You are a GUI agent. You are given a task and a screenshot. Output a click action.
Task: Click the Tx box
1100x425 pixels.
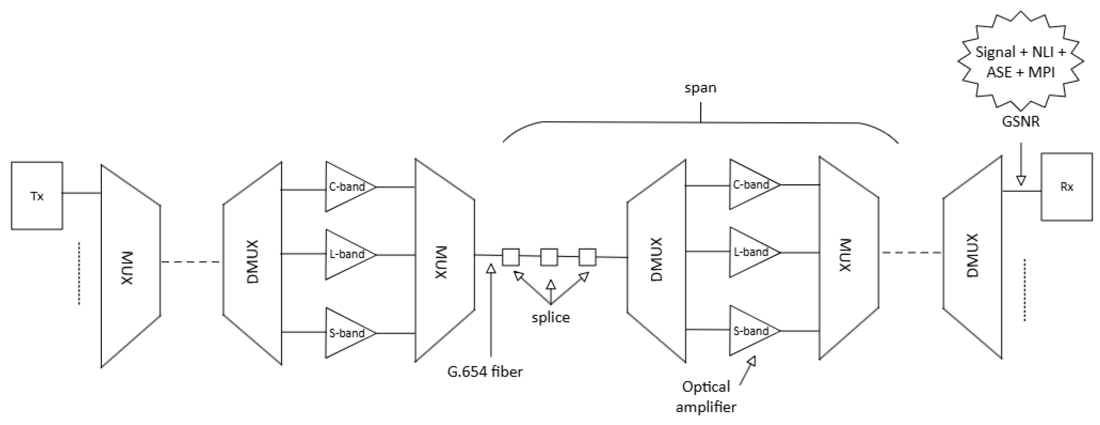pyautogui.click(x=37, y=196)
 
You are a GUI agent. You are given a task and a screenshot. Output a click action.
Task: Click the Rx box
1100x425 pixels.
pyautogui.click(x=1066, y=187)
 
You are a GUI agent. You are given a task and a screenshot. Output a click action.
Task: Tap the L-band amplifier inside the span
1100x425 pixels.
pyautogui.click(x=750, y=252)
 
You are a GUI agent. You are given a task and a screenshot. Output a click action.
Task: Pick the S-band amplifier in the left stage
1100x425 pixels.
pyautogui.click(x=346, y=333)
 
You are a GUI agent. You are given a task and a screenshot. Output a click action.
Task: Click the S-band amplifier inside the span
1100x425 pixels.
pyautogui.click(x=750, y=330)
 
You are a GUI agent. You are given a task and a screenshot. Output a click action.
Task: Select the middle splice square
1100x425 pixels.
pyautogui.click(x=549, y=257)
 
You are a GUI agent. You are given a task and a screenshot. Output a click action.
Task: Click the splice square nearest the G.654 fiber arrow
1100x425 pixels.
pyautogui.click(x=510, y=257)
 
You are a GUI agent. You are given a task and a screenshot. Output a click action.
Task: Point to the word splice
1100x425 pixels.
pyautogui.click(x=550, y=317)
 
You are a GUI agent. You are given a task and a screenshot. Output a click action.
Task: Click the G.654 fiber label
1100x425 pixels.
pyautogui.click(x=485, y=372)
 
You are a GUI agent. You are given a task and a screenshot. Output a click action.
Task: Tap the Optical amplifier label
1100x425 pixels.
pyautogui.click(x=706, y=396)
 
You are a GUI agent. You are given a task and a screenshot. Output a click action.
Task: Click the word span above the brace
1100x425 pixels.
pyautogui.click(x=700, y=88)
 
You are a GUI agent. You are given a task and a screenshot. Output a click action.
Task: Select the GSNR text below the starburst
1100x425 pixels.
pyautogui.click(x=1020, y=122)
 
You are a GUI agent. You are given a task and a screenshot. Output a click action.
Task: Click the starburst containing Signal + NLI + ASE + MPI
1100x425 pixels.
pyautogui.click(x=1020, y=62)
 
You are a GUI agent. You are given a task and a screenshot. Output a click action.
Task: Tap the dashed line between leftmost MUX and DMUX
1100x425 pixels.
pyautogui.click(x=191, y=262)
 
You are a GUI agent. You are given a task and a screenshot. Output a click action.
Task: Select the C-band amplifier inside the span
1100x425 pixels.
pyautogui.click(x=750, y=185)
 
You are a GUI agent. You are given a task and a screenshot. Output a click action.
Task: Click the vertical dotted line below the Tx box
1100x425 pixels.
pyautogui.click(x=79, y=274)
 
